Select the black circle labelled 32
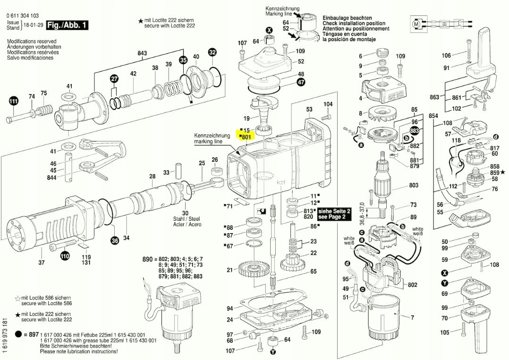[212, 52]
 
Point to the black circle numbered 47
[301, 82]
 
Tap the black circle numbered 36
[115, 241]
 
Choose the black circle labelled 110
[65, 256]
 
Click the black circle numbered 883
[415, 130]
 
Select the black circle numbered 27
[114, 78]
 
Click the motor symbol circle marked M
[416, 23]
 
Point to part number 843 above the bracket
[142, 53]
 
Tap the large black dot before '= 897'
[18, 334]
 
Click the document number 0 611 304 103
[22, 16]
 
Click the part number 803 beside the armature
[414, 185]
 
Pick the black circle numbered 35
[183, 60]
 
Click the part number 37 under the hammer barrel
[42, 262]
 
